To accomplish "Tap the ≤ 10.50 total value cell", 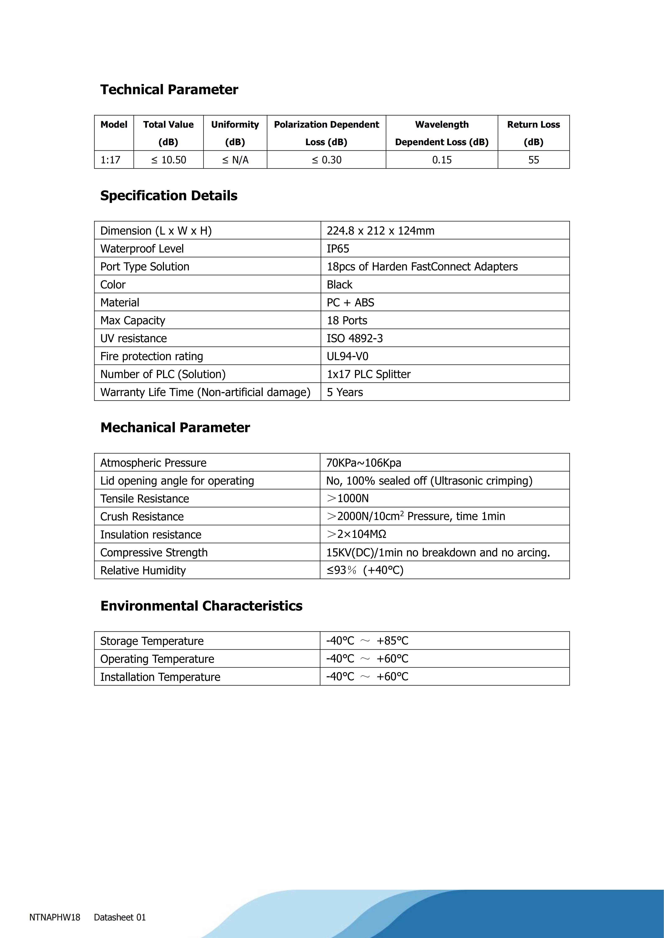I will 168,160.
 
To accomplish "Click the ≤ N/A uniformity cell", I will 235,160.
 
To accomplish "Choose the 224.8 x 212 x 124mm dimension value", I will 380,231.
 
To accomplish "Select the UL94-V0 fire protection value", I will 348,356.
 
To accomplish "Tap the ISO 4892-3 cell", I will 354,338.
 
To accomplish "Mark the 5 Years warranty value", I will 345,392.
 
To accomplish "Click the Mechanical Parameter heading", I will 175,427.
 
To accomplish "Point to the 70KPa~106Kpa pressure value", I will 363,463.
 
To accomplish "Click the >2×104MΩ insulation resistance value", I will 356,534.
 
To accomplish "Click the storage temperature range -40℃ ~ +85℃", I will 367,641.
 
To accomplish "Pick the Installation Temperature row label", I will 160,677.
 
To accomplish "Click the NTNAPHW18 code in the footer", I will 55,917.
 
